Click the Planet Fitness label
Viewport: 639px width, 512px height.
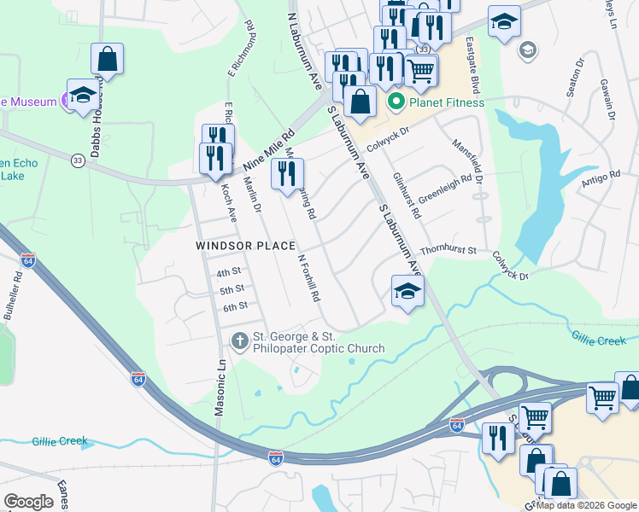(x=447, y=103)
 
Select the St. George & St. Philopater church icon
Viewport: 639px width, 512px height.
(x=241, y=341)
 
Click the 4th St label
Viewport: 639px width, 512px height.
(x=229, y=272)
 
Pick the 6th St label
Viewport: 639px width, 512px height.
(x=235, y=305)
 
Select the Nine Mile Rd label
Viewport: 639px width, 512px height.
(x=268, y=148)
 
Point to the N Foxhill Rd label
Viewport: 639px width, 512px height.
(x=308, y=277)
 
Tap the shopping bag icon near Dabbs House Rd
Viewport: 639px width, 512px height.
(x=107, y=60)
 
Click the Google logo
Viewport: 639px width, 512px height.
(x=28, y=502)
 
